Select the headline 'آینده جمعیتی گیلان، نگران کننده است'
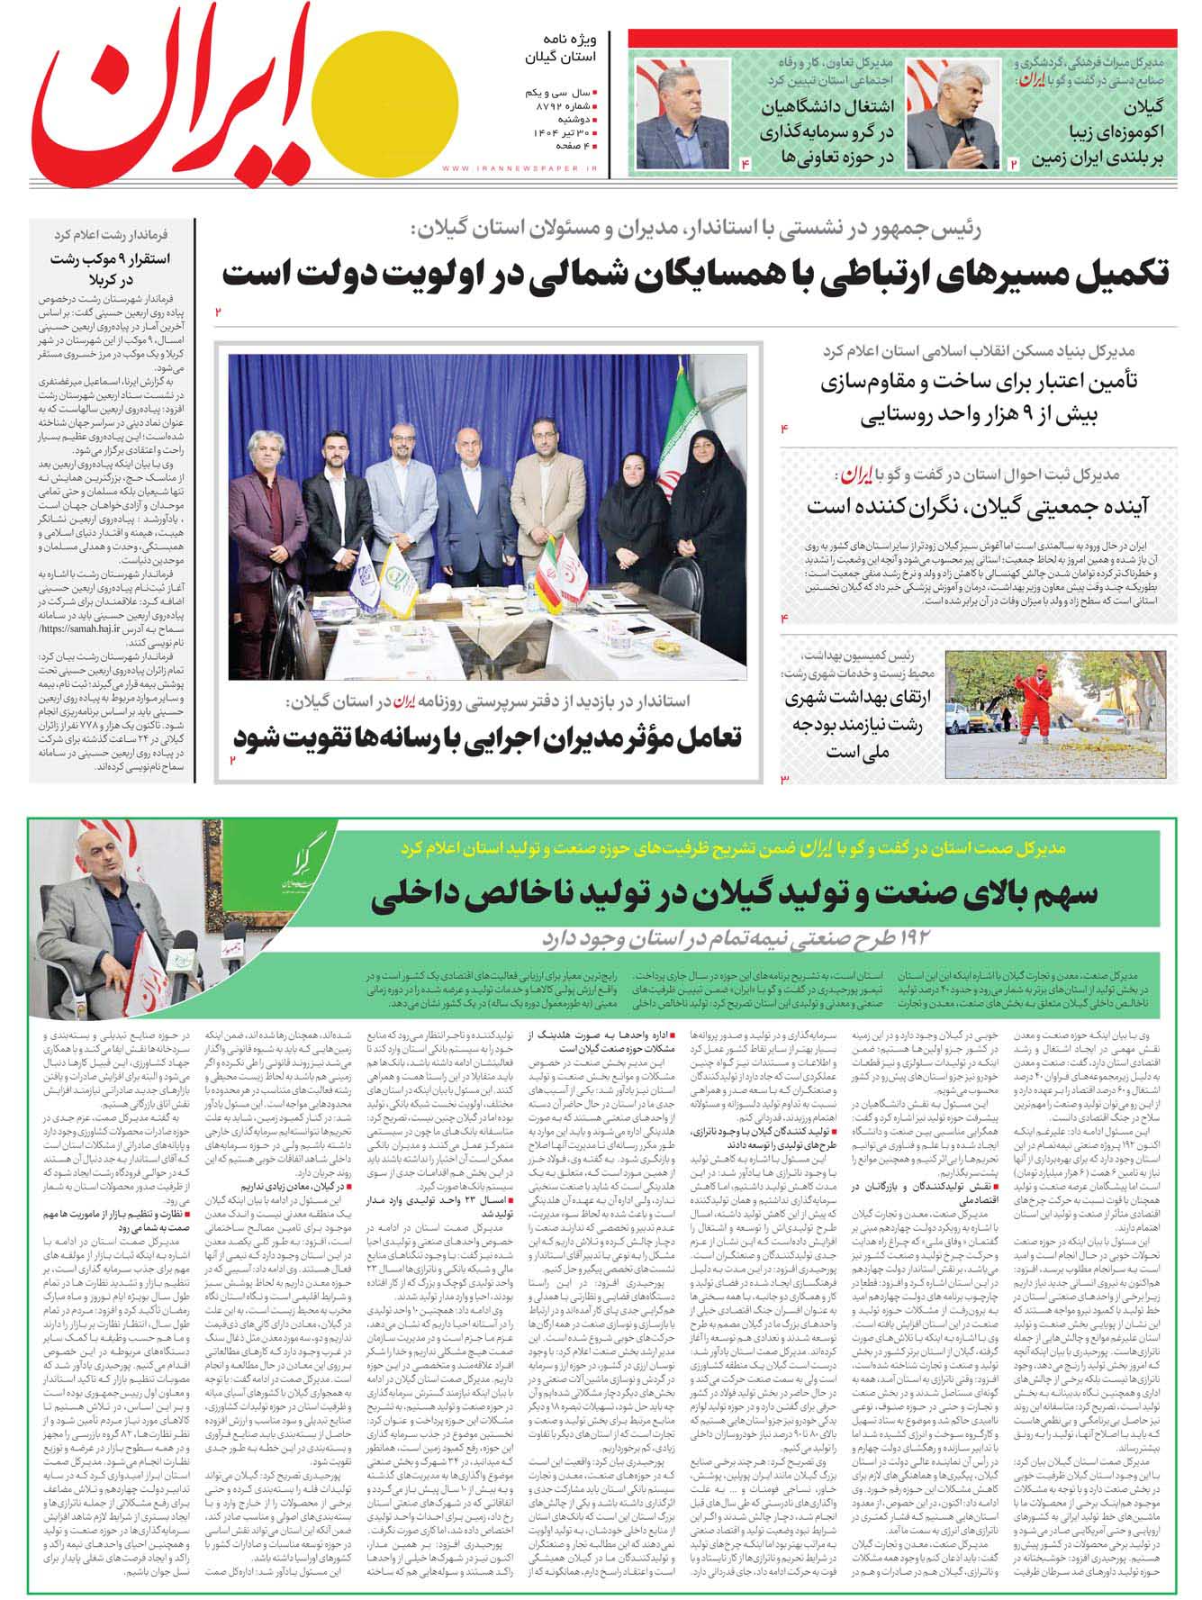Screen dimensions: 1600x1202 tap(978, 504)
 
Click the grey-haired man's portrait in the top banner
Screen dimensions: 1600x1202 tap(953, 113)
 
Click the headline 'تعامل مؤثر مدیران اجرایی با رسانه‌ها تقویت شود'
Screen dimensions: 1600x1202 tap(486, 737)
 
